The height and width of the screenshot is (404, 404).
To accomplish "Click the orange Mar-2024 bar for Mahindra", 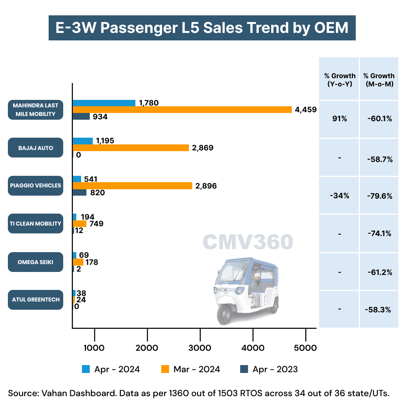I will (182, 110).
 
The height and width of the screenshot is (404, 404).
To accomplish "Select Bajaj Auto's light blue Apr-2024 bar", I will (83, 141).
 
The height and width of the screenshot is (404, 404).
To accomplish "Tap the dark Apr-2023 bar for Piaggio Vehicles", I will (80, 193).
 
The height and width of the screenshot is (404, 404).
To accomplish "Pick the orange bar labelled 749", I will (80, 224).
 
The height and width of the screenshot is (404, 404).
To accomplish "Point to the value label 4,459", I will (306, 110).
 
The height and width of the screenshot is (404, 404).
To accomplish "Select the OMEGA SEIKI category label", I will (36, 262).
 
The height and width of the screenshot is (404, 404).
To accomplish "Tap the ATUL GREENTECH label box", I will (36, 300).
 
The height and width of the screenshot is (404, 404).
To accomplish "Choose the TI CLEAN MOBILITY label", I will (36, 224).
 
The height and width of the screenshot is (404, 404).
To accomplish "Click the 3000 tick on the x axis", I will (200, 348).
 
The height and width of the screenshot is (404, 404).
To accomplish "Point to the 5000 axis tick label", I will (306, 348).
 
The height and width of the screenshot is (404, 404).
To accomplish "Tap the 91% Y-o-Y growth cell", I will (339, 119).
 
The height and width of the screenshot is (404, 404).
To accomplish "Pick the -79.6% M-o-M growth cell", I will (380, 195).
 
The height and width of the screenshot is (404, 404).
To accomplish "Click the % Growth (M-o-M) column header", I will (379, 80).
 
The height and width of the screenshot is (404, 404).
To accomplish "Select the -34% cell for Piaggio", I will (339, 195).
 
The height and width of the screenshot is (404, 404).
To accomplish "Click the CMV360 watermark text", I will (248, 242).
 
